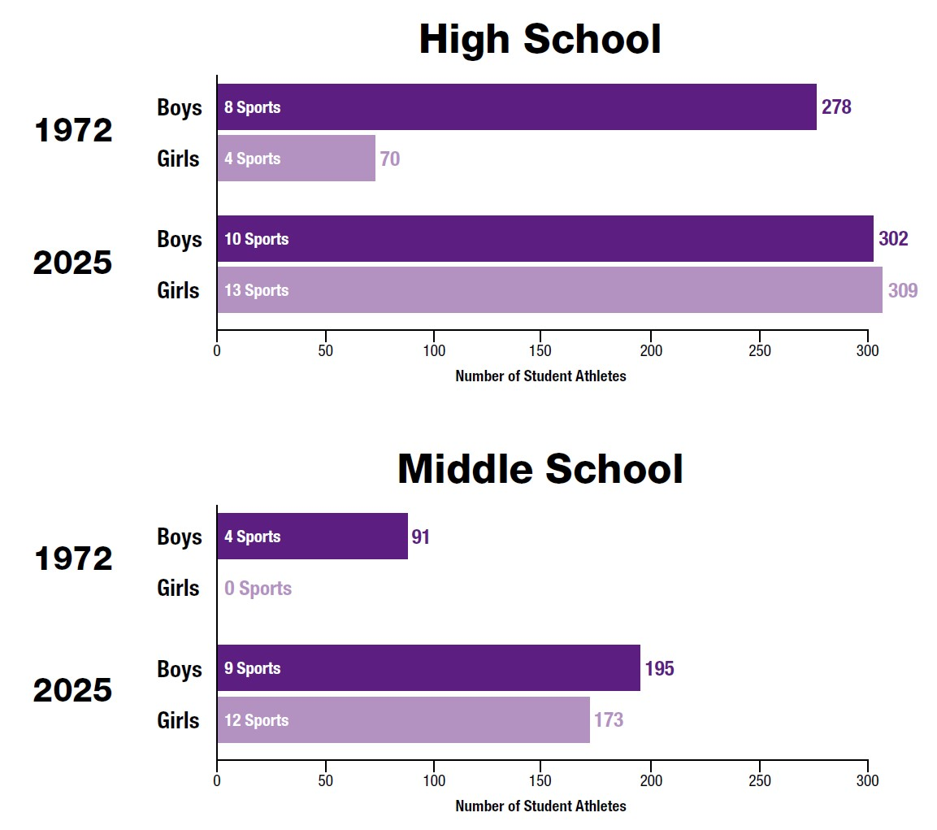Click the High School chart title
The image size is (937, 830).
tap(540, 40)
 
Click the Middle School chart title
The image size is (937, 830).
tap(540, 469)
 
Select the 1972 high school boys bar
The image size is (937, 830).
tap(516, 106)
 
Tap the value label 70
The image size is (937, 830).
tap(390, 159)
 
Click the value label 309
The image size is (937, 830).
tap(903, 290)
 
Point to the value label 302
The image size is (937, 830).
tap(893, 239)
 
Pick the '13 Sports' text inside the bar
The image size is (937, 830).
tap(256, 290)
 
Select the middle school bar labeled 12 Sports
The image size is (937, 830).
tap(403, 719)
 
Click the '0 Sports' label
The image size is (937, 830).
tap(258, 588)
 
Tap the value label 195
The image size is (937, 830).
tap(659, 668)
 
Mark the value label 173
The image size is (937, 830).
tap(609, 719)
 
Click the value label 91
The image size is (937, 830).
tap(420, 537)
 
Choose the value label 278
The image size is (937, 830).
tap(836, 106)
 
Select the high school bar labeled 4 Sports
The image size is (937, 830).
tap(296, 158)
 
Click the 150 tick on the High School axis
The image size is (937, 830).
tap(542, 350)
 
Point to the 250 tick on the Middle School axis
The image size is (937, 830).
tap(759, 781)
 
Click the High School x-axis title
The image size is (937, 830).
tap(540, 376)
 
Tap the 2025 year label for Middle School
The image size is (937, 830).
tap(72, 691)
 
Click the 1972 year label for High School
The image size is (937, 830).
tap(73, 131)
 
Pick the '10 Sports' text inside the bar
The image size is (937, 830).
tap(256, 239)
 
